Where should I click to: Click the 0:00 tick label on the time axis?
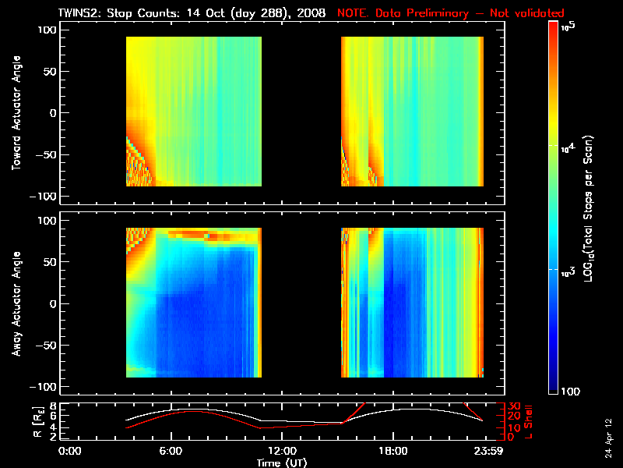pos(70,451)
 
